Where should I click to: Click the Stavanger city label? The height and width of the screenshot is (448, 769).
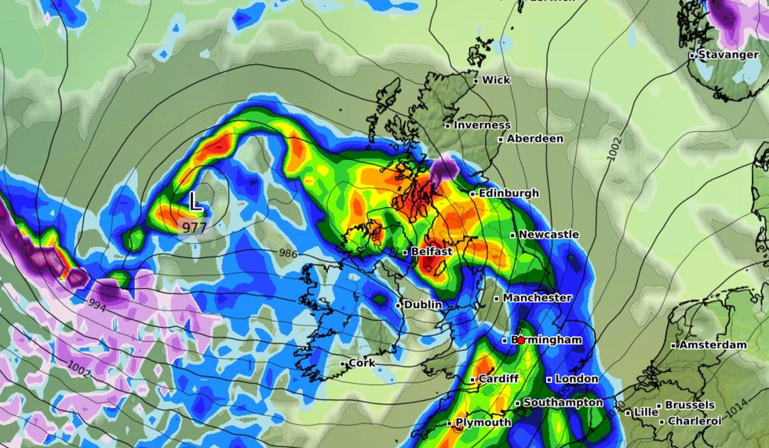[x=717, y=55]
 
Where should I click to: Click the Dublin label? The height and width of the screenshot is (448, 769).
[x=424, y=304]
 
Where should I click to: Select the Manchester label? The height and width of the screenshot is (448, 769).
[x=538, y=298]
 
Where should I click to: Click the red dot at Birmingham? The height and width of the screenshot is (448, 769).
[x=521, y=340]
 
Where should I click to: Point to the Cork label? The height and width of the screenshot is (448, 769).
[x=362, y=363]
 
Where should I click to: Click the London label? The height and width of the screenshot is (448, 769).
[x=577, y=379]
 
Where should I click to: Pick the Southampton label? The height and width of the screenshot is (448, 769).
[x=563, y=403]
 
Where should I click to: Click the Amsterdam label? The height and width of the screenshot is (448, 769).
[x=713, y=345]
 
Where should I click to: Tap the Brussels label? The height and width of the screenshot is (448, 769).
[x=690, y=406]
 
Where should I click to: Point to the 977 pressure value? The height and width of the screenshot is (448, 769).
[x=195, y=228]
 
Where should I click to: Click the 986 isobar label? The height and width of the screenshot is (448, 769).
[x=289, y=253]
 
